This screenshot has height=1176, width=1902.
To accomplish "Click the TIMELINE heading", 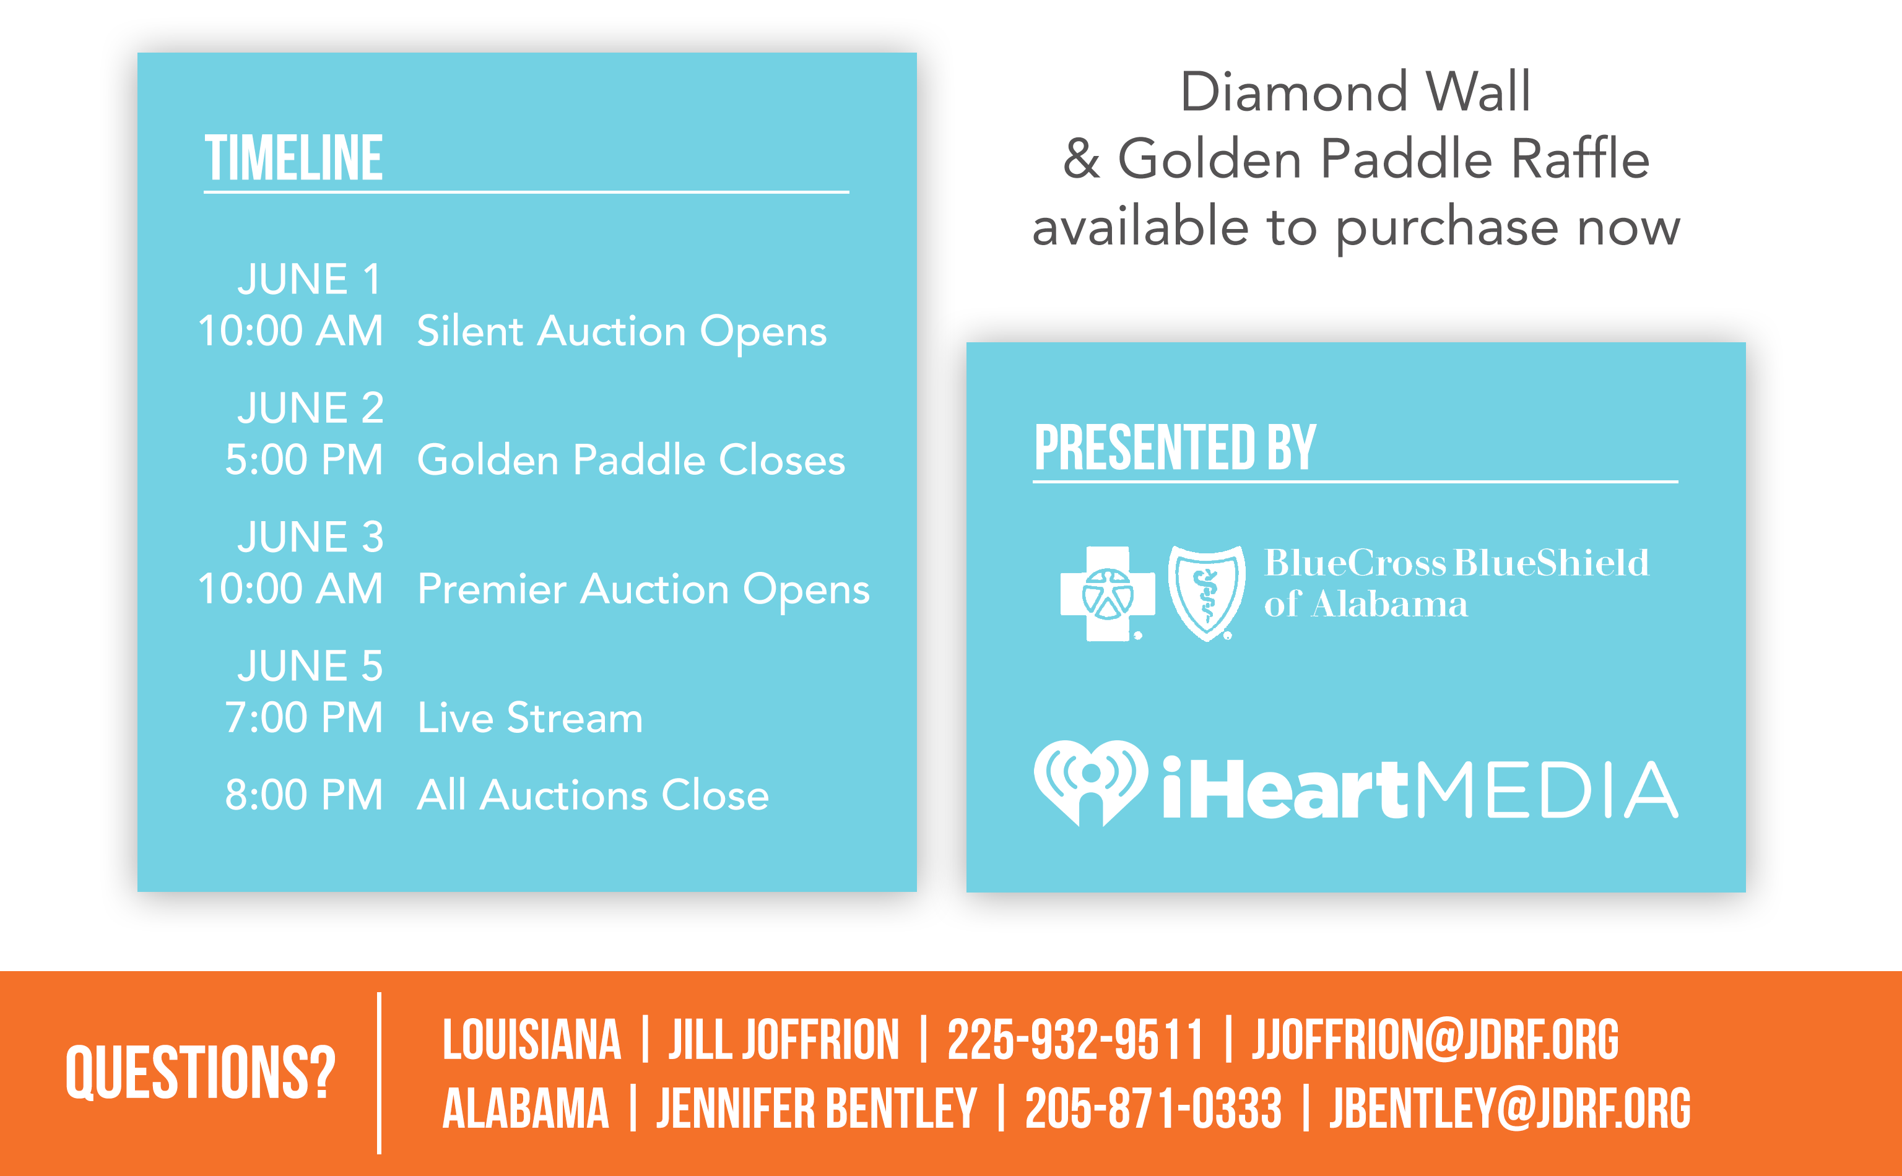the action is (x=293, y=158).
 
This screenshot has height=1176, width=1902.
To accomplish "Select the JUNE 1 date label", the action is (x=310, y=279).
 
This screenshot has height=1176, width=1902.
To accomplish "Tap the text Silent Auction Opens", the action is (x=622, y=332).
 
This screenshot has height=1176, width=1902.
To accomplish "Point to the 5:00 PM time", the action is (x=304, y=460).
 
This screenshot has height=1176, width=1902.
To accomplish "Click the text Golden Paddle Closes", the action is (x=631, y=460).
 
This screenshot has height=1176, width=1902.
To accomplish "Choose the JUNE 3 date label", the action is (x=310, y=537).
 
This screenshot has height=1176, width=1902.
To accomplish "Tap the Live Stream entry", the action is (x=531, y=717).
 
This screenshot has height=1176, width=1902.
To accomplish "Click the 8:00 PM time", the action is (x=304, y=795).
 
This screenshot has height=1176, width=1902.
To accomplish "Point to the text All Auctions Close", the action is (x=593, y=795).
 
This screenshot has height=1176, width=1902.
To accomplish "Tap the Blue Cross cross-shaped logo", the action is (x=1107, y=594).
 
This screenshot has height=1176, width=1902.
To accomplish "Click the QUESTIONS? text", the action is (x=200, y=1073).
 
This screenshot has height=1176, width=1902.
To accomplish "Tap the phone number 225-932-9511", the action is (x=1074, y=1039).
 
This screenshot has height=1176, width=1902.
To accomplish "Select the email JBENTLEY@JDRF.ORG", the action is (x=1510, y=1109).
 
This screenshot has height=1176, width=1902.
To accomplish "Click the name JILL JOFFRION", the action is (x=783, y=1039).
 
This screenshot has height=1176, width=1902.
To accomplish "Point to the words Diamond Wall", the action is (x=1356, y=92).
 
